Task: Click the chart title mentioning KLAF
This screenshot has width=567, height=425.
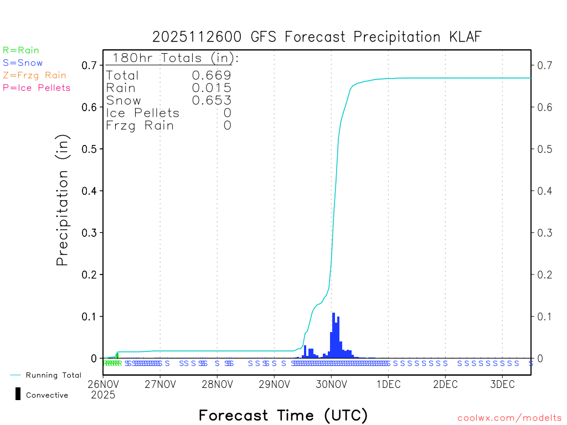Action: [x=317, y=37]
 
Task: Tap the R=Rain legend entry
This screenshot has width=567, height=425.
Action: [x=21, y=50]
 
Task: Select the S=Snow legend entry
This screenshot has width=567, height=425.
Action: [x=23, y=63]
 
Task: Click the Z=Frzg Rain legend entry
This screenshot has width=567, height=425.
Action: [x=34, y=75]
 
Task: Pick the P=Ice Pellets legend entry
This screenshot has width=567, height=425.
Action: [x=37, y=87]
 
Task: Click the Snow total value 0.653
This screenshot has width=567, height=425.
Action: [x=212, y=100]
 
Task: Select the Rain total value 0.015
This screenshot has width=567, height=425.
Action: [x=212, y=88]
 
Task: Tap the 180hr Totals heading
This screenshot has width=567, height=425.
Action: [x=173, y=58]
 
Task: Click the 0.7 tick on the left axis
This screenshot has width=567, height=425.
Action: [x=89, y=65]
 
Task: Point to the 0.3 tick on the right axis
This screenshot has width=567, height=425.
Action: [x=543, y=232]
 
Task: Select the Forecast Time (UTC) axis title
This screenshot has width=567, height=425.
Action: [x=283, y=415]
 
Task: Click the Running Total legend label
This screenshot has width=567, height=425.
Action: [x=53, y=375]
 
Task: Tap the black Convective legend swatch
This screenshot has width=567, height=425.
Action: [x=18, y=394]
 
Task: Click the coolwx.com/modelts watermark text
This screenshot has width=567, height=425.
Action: [x=509, y=418]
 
